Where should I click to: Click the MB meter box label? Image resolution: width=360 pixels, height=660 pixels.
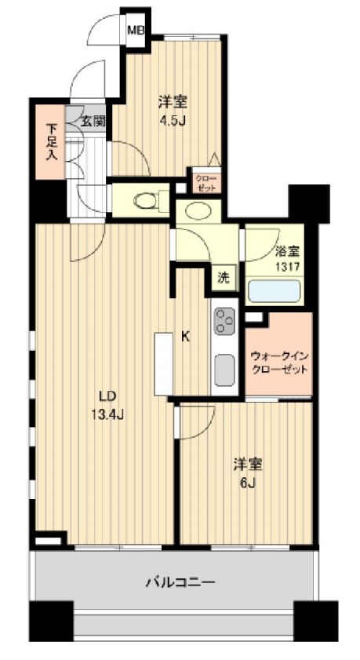[136, 30]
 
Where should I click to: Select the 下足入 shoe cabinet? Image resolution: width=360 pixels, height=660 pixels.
[50, 142]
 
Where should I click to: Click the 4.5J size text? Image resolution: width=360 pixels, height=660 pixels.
[172, 121]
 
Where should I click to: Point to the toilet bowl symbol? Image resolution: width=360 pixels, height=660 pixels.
[147, 199]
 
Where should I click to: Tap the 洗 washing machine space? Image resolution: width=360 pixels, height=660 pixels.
[224, 279]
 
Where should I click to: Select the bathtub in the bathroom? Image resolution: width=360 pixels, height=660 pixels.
[274, 291]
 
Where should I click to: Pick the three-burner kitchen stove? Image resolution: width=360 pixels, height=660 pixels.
[224, 322]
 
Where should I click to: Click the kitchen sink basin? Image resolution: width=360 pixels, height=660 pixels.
[224, 370]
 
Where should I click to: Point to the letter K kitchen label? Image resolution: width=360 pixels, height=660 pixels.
[184, 337]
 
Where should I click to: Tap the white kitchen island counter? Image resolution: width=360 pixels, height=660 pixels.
[164, 364]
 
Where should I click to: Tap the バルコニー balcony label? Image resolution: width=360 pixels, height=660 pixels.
[180, 582]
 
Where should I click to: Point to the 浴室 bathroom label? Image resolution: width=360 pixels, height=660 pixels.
[287, 252]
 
